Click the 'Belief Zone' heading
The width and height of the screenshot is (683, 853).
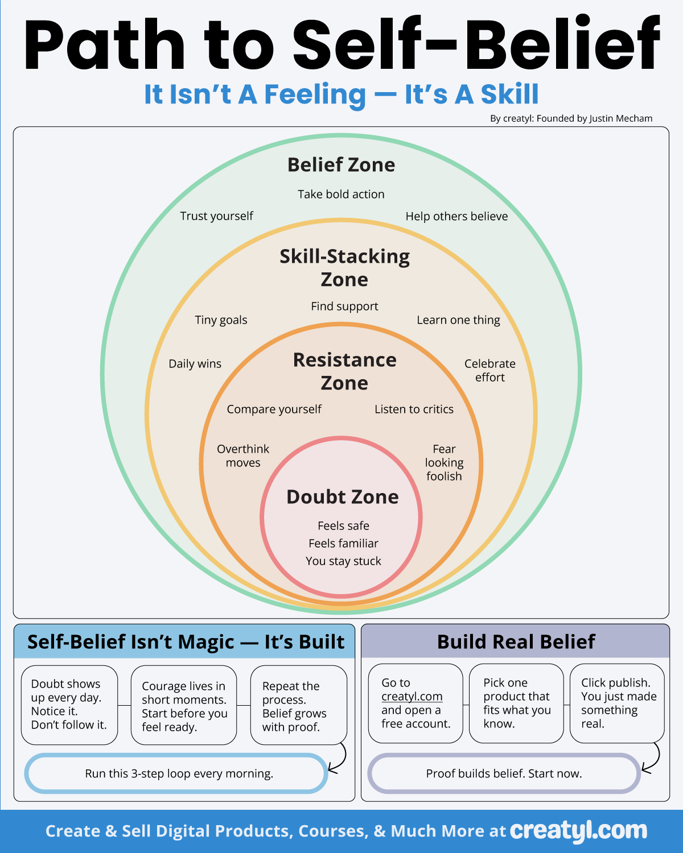coord(341,165)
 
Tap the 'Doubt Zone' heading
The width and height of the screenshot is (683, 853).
coord(343,497)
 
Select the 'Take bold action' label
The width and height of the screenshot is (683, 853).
coord(341,194)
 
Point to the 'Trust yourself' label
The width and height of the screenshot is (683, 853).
coord(216,216)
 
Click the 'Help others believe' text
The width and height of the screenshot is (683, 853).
coord(456,217)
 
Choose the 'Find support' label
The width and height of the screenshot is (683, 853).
coord(344,307)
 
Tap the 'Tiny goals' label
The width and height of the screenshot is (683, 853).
coord(221,320)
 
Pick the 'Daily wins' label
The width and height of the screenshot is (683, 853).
coord(195,364)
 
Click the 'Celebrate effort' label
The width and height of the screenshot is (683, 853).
coord(489,370)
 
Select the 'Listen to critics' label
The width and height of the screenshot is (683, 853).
coord(414,409)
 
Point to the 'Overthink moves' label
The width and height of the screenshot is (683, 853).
coord(243,456)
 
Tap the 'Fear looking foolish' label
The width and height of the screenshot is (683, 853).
coord(444,462)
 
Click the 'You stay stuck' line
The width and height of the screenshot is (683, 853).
coord(343,561)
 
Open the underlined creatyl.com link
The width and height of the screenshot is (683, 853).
coord(412,697)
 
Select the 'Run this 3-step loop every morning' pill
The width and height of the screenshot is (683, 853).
coord(176,773)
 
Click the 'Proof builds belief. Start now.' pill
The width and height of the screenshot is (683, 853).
coord(504,773)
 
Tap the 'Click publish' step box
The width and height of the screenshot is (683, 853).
coord(617,703)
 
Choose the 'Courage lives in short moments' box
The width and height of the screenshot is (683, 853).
coord(183,706)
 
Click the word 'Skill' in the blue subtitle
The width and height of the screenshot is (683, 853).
coord(509,94)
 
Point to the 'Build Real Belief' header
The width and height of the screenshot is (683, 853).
coord(516,642)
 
